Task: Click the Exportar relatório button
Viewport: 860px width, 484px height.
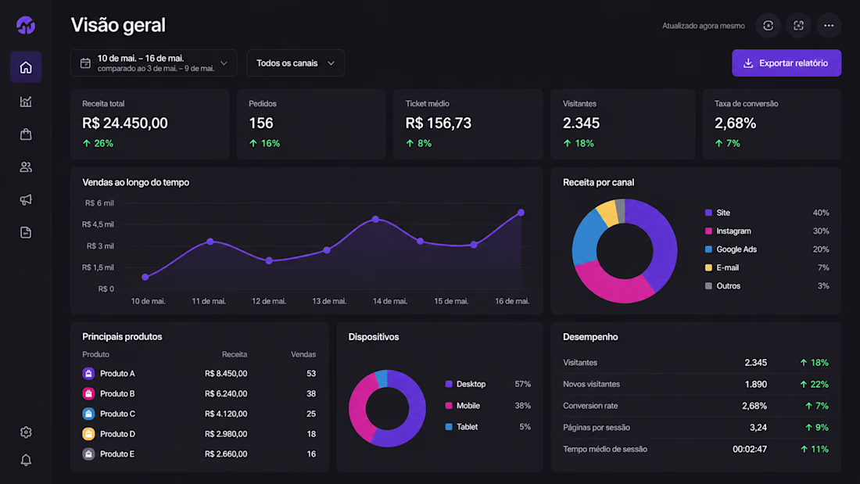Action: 787,63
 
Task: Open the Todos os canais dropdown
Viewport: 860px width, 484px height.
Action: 296,63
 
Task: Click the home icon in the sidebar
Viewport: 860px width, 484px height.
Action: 26,67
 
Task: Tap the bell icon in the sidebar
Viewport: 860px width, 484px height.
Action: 26,460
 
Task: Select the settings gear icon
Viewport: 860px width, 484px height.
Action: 26,432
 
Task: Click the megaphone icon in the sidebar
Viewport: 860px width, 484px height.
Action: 26,199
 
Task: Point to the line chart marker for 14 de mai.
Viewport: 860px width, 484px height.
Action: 376,220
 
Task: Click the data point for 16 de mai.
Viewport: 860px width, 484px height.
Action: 521,213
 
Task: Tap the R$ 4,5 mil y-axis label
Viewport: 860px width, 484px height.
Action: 99,224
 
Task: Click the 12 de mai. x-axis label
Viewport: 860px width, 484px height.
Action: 269,301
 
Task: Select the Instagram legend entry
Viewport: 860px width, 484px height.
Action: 728,231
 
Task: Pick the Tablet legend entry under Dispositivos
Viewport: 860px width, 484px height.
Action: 461,427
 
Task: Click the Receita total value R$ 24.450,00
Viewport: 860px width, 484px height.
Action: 125,124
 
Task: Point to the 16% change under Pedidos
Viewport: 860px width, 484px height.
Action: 264,144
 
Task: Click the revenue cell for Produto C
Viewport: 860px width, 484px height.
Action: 226,414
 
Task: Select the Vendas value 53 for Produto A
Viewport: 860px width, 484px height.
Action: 311,374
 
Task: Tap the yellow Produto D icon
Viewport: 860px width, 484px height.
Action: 88,434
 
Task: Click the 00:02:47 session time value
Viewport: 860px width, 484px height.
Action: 750,450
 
